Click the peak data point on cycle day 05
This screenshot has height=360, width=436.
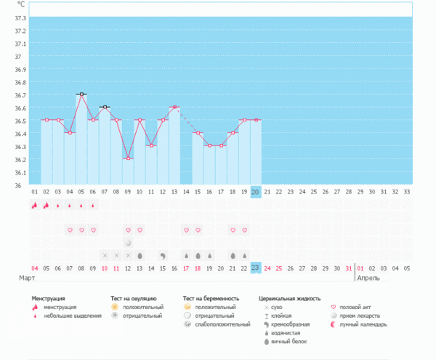pyautogui.click(x=81, y=95)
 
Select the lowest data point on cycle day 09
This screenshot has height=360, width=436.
pyautogui.click(x=128, y=159)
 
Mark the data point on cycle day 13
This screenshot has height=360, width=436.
pyautogui.click(x=174, y=107)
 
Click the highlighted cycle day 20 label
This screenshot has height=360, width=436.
pyautogui.click(x=255, y=191)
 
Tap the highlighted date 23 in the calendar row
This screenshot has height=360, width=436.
pyautogui.click(x=255, y=268)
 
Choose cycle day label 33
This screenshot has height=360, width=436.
pyautogui.click(x=406, y=191)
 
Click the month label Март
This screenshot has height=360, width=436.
pyautogui.click(x=27, y=278)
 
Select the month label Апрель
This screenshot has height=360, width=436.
pyautogui.click(x=368, y=278)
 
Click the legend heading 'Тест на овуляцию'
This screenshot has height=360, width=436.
pyautogui.click(x=134, y=298)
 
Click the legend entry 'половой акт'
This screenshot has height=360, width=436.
pyautogui.click(x=357, y=308)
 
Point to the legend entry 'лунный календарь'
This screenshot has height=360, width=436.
pyautogui.click(x=363, y=324)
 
